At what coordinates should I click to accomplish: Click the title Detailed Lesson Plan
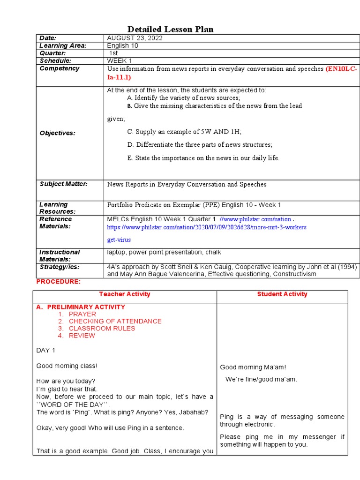point(171,30)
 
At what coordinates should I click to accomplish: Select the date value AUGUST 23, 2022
point(135,38)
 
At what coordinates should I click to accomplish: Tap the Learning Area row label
point(63,45)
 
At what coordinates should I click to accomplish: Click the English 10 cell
point(123,45)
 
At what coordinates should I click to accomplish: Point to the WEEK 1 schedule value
point(120,61)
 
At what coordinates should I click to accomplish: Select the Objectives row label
point(57,133)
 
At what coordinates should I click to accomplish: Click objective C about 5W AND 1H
point(184,132)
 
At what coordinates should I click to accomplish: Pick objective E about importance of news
point(203,158)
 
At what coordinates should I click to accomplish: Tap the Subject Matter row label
point(63,184)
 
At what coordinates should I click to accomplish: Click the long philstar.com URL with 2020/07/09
point(207,227)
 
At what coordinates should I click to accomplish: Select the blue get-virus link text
point(119,240)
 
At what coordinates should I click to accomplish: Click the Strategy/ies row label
point(60,267)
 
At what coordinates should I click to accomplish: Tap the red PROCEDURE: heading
point(59,281)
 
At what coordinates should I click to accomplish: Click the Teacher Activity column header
point(125,294)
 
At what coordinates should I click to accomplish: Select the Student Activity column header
point(282,294)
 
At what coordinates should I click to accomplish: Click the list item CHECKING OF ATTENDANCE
point(115,321)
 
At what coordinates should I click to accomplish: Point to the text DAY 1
point(46,350)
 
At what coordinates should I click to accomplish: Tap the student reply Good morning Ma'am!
point(253,367)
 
